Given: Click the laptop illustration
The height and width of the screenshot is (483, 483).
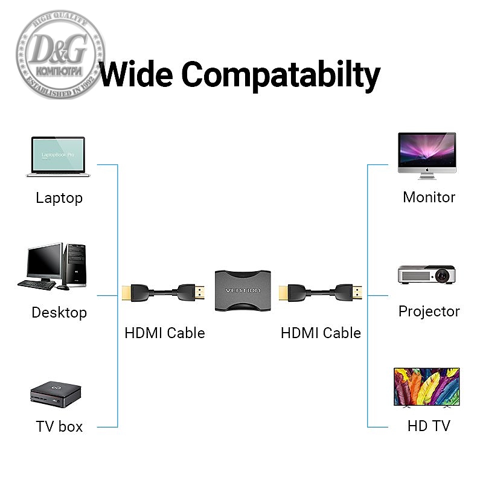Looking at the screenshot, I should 58,157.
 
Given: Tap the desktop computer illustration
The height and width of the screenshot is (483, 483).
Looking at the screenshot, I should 53,266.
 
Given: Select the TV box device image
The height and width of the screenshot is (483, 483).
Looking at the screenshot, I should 56,393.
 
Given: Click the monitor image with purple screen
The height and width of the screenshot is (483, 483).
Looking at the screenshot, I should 427,156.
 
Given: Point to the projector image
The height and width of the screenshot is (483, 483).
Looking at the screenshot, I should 426,275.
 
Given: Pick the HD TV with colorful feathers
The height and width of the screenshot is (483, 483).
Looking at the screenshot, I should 426,386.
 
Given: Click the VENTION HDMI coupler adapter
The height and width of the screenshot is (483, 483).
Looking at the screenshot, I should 243,290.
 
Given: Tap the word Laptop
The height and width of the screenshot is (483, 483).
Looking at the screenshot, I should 59,198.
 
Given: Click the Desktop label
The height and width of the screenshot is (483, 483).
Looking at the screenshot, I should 59,313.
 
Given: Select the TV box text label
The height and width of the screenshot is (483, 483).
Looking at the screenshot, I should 59,426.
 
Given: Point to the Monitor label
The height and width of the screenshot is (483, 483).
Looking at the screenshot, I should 429,197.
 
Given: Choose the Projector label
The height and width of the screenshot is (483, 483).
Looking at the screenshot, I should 429,312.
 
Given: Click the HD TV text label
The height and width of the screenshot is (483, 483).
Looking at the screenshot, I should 429,426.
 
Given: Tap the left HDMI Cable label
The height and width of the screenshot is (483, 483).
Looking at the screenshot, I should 165,333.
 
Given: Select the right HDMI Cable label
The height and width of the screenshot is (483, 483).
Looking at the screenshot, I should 321,333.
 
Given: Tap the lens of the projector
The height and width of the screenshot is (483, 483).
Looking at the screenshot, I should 444,276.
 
